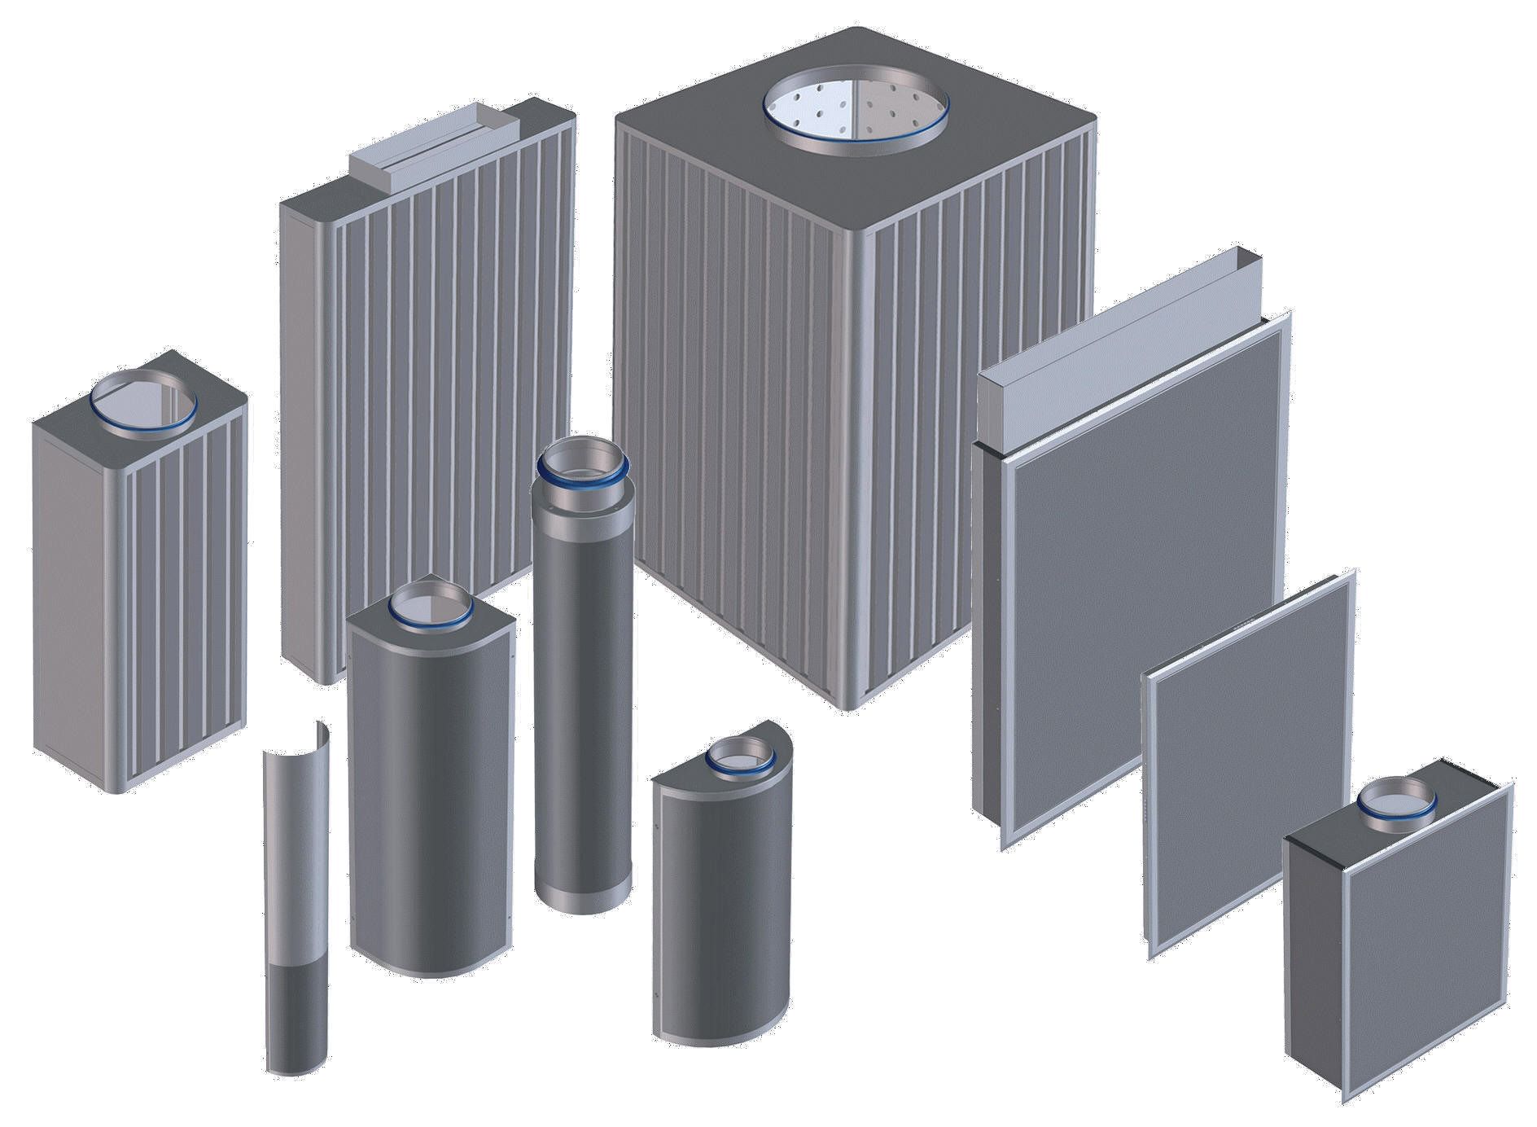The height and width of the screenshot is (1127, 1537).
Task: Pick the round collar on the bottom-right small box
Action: tap(1397, 802)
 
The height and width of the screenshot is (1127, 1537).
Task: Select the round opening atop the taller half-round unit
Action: tap(429, 604)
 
